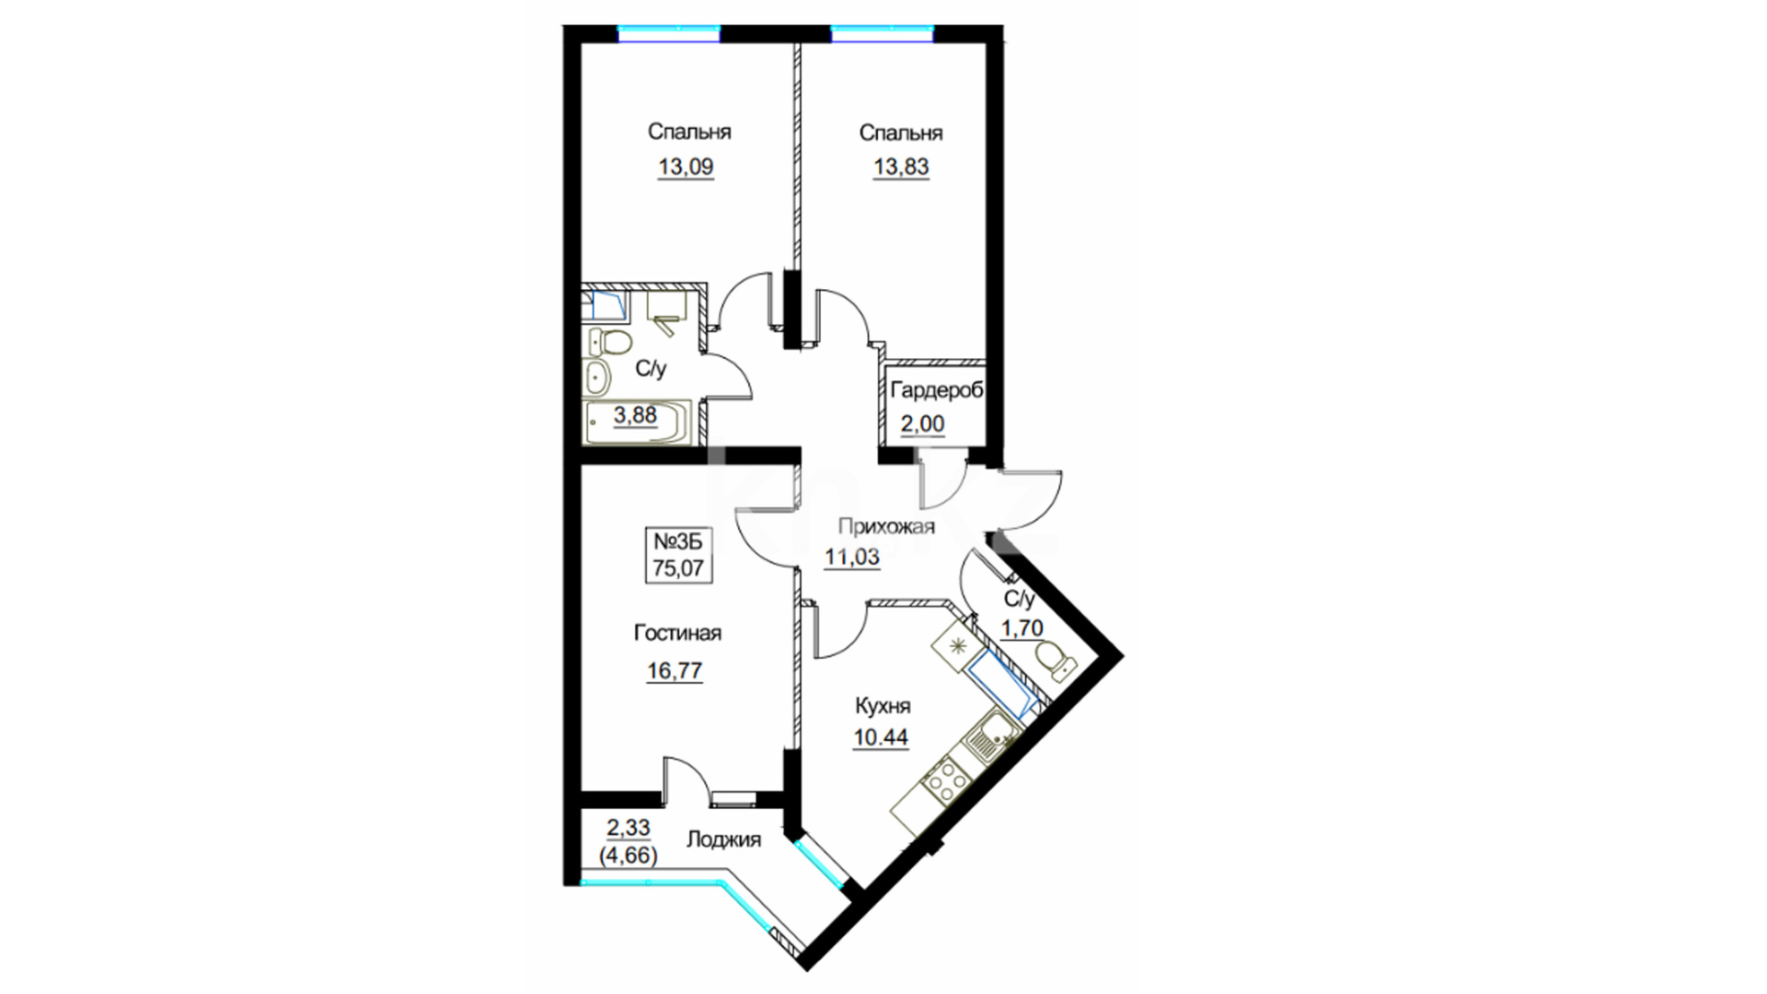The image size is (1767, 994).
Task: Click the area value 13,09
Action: pos(686,168)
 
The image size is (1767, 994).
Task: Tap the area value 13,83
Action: pos(901,168)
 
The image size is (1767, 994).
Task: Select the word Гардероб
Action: pos(937,390)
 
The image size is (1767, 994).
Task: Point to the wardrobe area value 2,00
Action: pos(922,424)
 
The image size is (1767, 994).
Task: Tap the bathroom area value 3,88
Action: pos(635,415)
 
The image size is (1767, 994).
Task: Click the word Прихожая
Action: pos(886,526)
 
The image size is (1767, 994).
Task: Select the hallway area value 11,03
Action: pos(851,557)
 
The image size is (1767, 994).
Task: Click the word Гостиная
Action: pos(677,633)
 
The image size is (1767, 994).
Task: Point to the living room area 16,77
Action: pos(675,671)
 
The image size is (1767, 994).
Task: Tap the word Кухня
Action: pos(883,706)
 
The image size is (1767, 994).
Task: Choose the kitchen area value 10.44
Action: pos(881,738)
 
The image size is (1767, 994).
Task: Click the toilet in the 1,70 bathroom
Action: pos(1055,661)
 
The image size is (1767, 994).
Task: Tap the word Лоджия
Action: pos(724,839)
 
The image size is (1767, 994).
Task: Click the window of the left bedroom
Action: pos(668,34)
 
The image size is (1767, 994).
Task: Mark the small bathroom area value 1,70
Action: pos(1022,629)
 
